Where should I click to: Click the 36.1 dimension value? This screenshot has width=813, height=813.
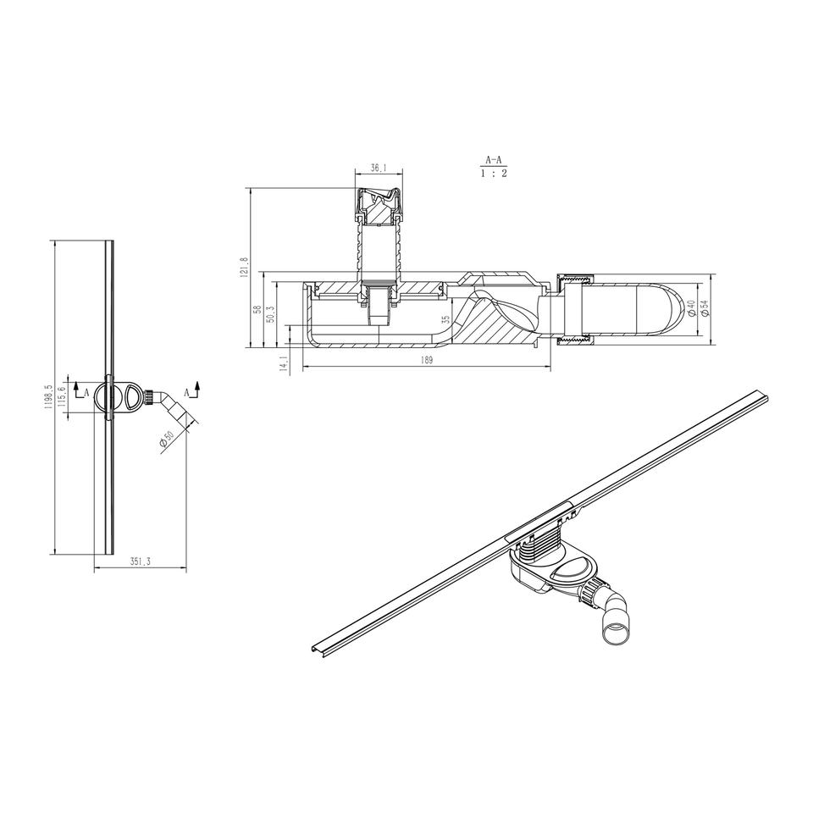[x=379, y=168]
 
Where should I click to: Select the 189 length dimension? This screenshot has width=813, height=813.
[x=426, y=361]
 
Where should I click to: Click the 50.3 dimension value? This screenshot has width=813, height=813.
[x=269, y=315]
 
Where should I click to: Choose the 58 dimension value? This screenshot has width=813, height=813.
[x=256, y=310]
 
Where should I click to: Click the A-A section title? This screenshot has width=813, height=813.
[x=493, y=160]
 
